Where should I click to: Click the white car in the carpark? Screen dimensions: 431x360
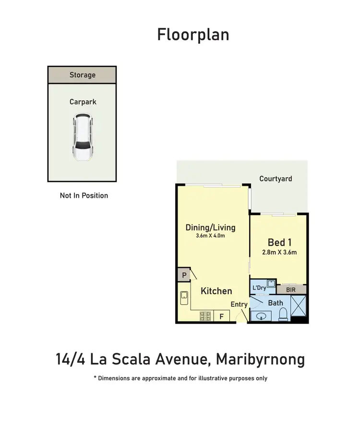(82, 138)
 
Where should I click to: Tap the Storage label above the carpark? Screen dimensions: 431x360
(82, 75)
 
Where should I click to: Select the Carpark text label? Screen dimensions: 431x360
(83, 102)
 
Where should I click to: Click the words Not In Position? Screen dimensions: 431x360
(84, 195)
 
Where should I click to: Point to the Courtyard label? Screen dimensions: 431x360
(276, 179)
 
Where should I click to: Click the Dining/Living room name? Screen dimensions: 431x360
(210, 227)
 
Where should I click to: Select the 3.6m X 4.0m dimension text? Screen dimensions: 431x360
(210, 236)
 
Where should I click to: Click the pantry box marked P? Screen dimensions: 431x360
(183, 275)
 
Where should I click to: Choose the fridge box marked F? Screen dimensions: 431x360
(222, 316)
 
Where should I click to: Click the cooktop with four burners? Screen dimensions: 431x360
(205, 316)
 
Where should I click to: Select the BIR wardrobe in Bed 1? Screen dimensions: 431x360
(291, 289)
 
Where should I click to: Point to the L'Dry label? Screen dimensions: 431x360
(259, 288)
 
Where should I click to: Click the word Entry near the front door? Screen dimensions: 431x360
(239, 304)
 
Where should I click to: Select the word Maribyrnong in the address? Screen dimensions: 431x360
(260, 359)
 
